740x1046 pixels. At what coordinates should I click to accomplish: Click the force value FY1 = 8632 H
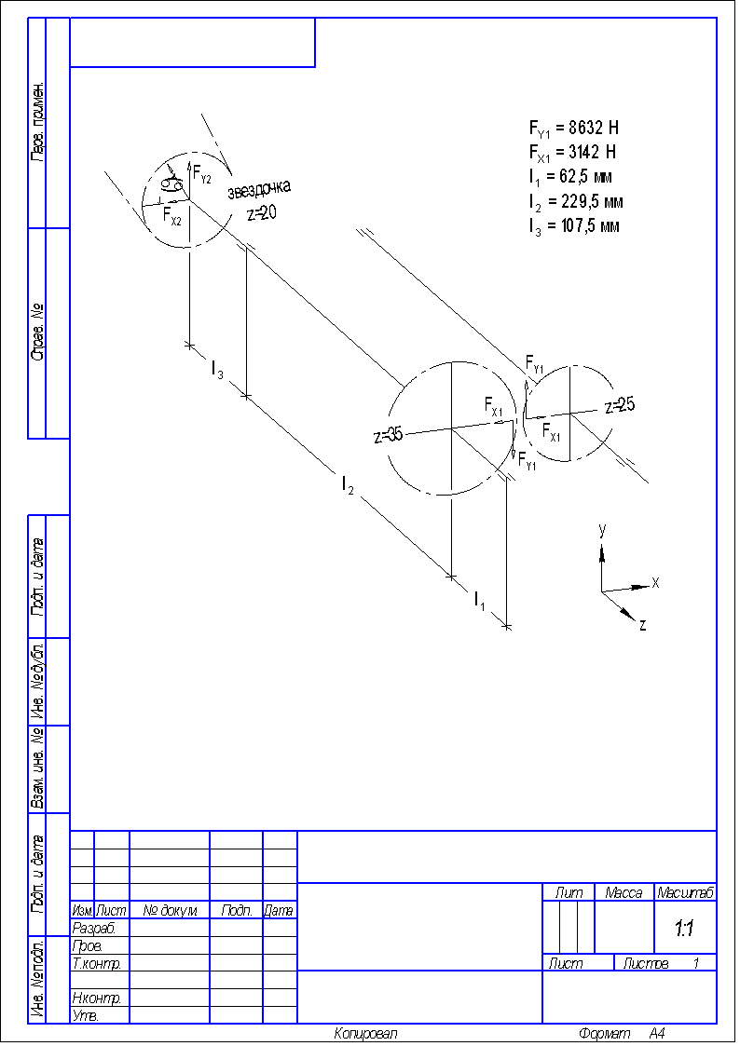(573, 129)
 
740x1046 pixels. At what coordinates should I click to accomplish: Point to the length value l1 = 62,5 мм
(569, 177)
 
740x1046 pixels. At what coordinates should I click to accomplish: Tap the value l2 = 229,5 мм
(574, 201)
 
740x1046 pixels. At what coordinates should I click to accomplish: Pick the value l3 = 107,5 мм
(574, 225)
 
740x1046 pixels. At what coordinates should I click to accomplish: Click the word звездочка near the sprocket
(259, 190)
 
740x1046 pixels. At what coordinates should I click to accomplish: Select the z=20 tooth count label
(262, 212)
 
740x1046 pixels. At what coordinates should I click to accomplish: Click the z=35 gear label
(389, 435)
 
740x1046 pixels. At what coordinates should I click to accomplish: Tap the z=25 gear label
(621, 405)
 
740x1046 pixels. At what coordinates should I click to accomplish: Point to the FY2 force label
(202, 174)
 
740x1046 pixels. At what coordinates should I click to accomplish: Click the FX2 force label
(172, 216)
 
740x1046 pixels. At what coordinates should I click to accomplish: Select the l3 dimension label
(216, 371)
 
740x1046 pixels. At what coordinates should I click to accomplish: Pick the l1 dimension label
(479, 602)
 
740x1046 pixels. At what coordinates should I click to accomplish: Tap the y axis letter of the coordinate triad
(603, 530)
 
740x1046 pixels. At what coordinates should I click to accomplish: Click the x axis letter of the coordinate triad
(655, 583)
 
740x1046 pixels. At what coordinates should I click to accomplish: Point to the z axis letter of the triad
(643, 625)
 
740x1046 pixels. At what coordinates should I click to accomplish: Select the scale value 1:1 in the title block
(684, 929)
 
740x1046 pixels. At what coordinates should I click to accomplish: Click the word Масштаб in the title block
(685, 892)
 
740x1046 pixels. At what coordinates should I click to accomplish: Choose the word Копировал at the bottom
(365, 1034)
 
